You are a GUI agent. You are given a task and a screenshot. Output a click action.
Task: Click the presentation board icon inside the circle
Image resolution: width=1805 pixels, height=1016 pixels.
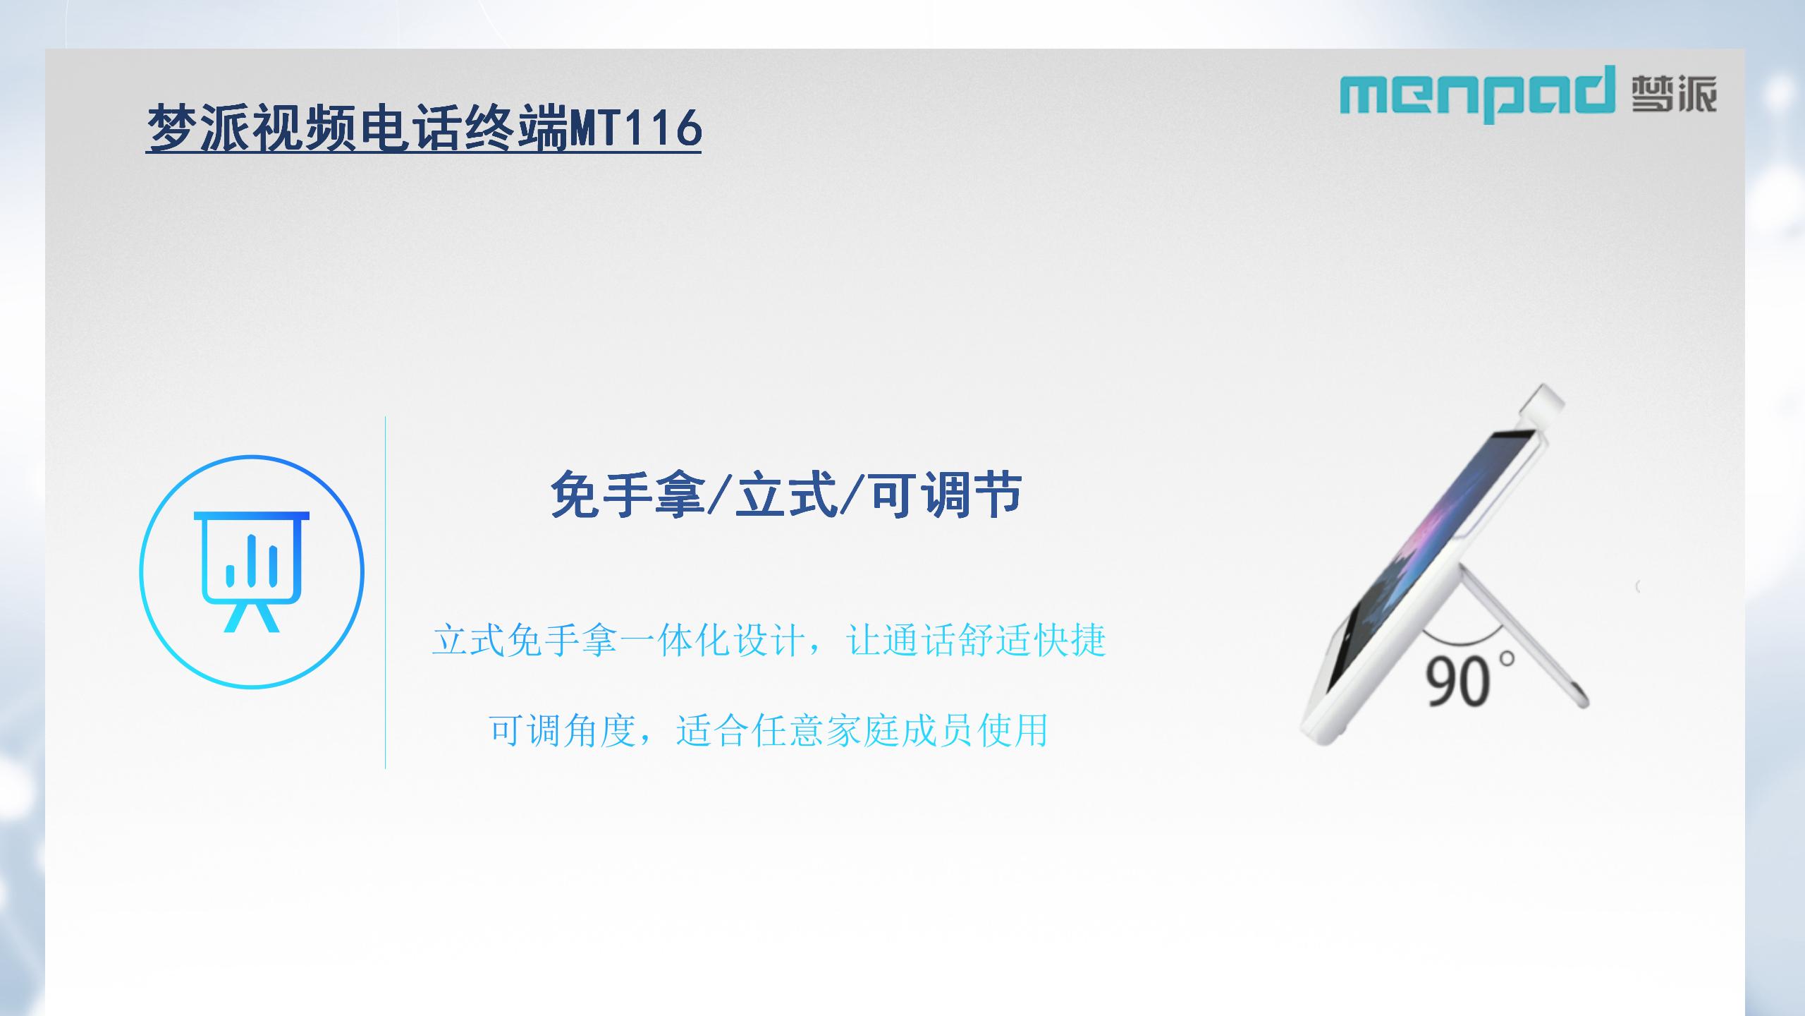[x=252, y=571]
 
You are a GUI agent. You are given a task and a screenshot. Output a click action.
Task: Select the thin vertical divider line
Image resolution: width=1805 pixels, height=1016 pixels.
[x=385, y=592]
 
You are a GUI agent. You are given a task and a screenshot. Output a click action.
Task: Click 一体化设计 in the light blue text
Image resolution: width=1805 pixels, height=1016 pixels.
[x=713, y=641]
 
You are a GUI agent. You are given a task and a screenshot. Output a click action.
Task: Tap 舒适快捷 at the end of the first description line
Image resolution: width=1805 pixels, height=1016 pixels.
[x=1032, y=641]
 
